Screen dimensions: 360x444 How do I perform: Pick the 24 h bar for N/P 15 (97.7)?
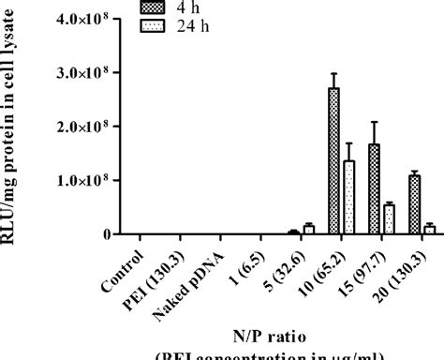388,219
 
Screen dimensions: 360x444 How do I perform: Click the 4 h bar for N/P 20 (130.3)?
414,205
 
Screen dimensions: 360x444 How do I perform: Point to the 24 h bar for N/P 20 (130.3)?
428,229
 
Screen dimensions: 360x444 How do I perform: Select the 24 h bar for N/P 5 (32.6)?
307,229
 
